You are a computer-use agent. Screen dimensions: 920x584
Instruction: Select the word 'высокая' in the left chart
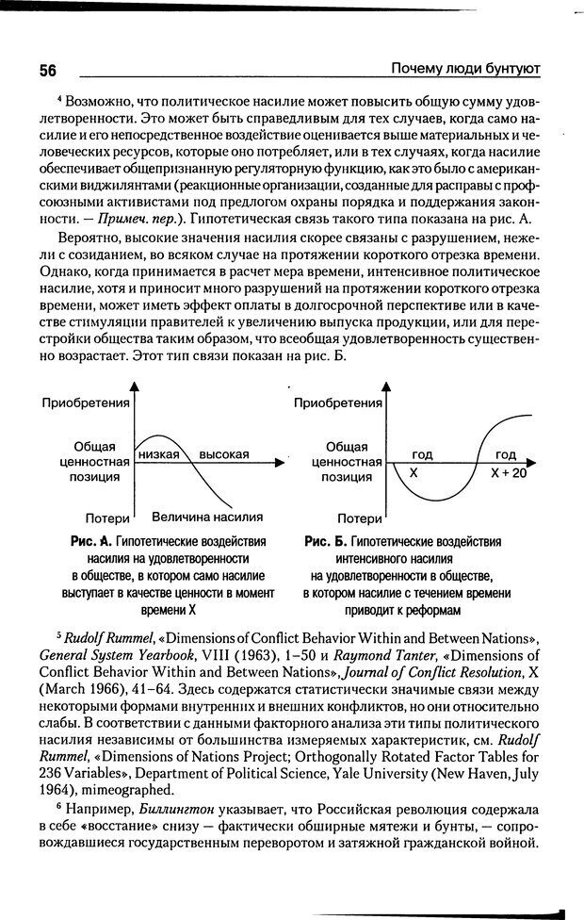(224, 454)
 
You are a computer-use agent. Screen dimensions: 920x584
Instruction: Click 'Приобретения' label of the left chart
(85, 403)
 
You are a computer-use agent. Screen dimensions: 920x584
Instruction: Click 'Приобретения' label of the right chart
(337, 403)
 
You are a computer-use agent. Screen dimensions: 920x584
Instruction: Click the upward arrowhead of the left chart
(135, 386)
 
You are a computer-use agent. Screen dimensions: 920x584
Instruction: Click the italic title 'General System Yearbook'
(115, 655)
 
